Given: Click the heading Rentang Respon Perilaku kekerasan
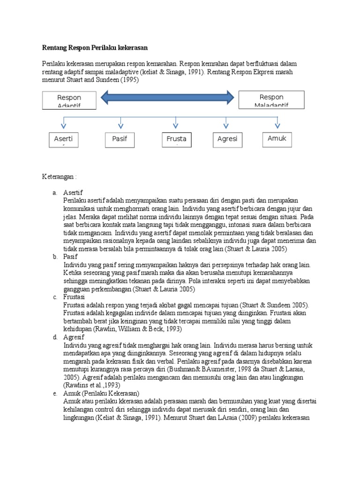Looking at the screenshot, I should click(x=95, y=48).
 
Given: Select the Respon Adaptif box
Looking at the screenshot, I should click(x=69, y=100).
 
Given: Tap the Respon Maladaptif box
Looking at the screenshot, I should click(x=271, y=99).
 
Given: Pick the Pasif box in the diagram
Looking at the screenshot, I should click(x=120, y=139).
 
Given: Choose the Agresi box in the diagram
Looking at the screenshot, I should click(x=228, y=139).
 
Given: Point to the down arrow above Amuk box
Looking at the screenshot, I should click(x=277, y=122).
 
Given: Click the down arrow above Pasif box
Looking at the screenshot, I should click(x=120, y=122).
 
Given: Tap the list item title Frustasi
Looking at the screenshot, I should click(x=74, y=298).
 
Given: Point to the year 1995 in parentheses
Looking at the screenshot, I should click(x=131, y=80).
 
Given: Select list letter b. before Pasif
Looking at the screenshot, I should click(x=55, y=257).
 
